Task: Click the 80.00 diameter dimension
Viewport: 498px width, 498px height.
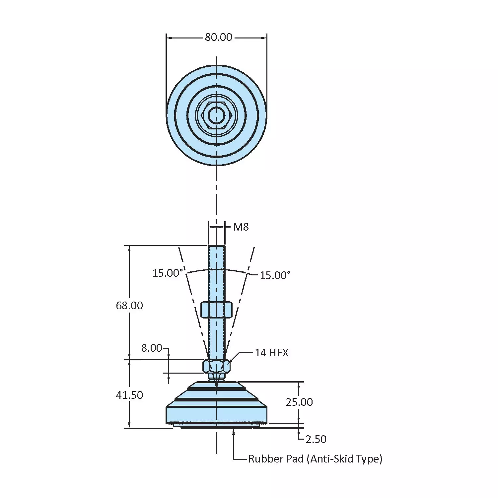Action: point(218,37)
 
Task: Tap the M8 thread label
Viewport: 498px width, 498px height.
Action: point(241,227)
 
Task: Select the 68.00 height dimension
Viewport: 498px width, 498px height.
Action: point(129,305)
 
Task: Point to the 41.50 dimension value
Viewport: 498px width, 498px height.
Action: point(129,395)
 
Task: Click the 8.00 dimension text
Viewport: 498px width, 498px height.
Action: point(152,348)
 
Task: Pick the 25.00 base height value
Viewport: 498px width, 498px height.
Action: point(299,402)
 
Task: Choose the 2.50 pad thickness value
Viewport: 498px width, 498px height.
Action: point(316,439)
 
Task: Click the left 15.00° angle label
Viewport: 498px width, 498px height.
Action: point(168,273)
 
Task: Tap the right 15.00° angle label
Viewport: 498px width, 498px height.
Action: point(275,275)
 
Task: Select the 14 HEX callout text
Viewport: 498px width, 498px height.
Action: point(271,353)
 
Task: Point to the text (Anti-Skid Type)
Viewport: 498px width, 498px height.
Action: point(344,459)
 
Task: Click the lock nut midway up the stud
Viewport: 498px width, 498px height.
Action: point(216,310)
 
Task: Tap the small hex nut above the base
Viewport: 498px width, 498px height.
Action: point(216,366)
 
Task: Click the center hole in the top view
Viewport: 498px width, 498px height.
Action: point(216,114)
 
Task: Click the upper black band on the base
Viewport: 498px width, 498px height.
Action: point(216,388)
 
